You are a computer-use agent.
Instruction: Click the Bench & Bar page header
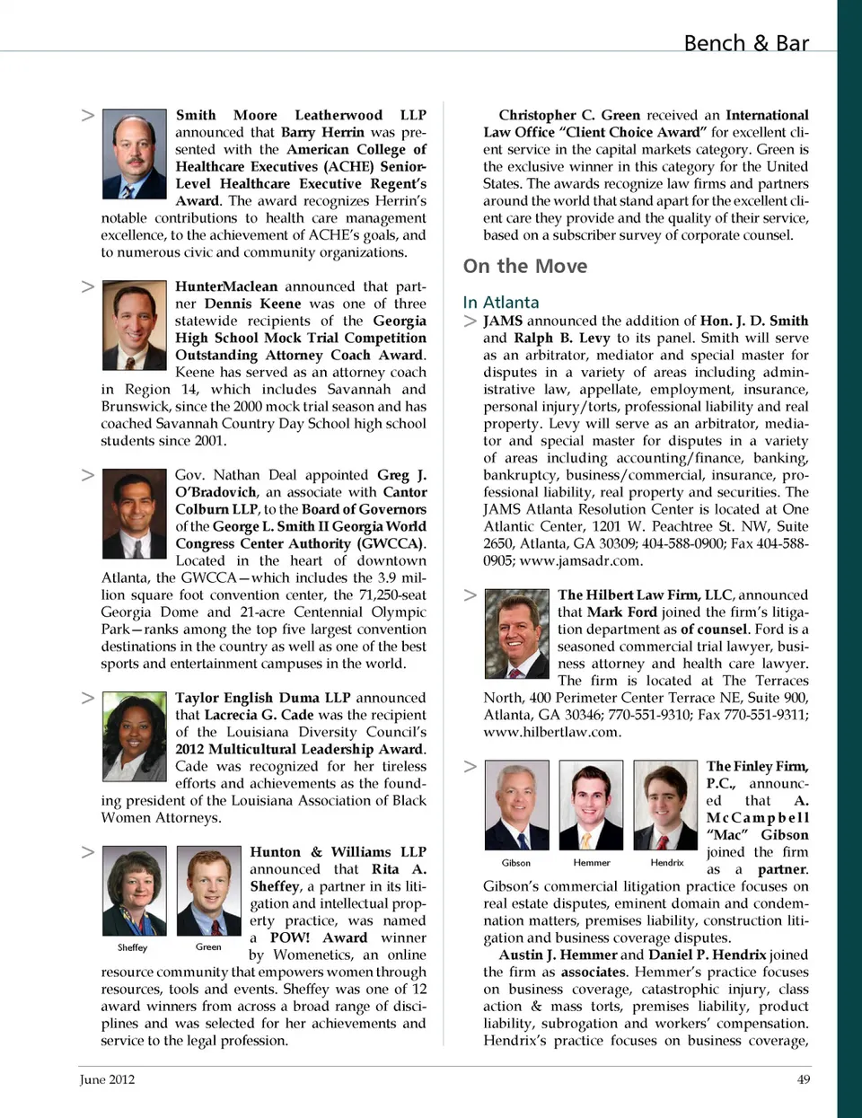745,43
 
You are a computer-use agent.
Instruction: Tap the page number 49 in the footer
803,1079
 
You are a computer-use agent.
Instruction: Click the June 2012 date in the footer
107,1079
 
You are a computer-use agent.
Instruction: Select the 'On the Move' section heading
525,267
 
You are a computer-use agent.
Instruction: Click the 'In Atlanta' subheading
501,303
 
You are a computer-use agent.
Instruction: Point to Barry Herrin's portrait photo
134,154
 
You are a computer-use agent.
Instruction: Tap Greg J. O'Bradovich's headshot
134,515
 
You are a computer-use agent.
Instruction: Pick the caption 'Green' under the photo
208,946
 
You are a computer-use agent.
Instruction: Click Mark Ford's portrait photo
516,632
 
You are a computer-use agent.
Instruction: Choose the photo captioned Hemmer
591,805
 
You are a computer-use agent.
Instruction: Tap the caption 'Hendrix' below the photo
666,862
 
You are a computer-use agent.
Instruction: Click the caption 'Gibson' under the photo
515,862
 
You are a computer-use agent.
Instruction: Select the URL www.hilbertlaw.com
551,732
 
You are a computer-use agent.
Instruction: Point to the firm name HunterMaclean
226,286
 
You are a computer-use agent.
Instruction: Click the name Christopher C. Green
569,115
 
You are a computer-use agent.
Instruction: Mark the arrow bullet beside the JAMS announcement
471,321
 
